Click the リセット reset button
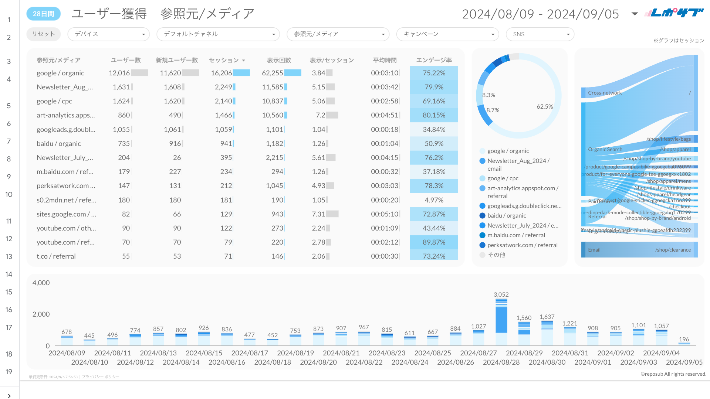point(43,34)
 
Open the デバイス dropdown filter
point(108,34)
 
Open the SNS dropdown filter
point(540,34)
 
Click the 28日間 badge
point(43,14)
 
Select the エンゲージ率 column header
point(434,60)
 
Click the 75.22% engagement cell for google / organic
point(434,73)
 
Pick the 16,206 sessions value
point(222,73)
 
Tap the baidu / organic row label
point(58,144)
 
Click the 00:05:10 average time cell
point(385,214)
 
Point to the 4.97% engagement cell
point(434,200)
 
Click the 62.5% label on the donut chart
point(545,107)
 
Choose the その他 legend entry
point(496,255)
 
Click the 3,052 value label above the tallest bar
point(501,295)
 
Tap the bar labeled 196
point(684,343)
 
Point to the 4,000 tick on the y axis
point(41,283)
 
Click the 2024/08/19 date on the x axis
point(295,353)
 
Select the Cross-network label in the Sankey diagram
point(605,93)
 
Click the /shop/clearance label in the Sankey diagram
point(673,250)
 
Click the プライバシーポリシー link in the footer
point(101,377)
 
